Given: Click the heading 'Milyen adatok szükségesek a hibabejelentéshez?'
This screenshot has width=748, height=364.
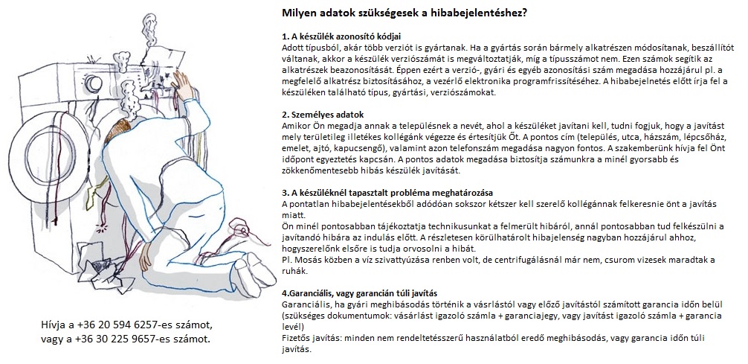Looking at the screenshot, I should [x=405, y=13].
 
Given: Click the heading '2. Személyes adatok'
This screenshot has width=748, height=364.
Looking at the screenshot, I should [x=323, y=115].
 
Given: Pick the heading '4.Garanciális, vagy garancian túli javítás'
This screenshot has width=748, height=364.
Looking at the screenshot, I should [x=360, y=292].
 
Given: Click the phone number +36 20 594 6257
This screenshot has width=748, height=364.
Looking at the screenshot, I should [x=134, y=325].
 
